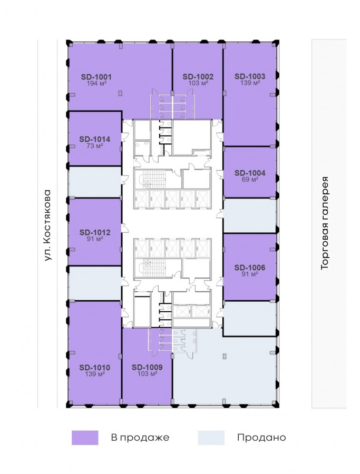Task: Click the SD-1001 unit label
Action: pyautogui.click(x=96, y=77)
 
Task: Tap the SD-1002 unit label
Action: pyautogui.click(x=198, y=77)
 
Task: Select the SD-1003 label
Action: pyautogui.click(x=250, y=76)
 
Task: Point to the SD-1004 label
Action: pyautogui.click(x=250, y=173)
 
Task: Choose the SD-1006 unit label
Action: pyautogui.click(x=250, y=268)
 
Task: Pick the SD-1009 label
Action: pyautogui.click(x=148, y=368)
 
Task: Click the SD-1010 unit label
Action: pyautogui.click(x=95, y=368)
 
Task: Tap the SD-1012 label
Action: pyautogui.click(x=95, y=232)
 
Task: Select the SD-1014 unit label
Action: pyautogui.click(x=95, y=140)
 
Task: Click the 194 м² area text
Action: pyautogui.click(x=96, y=83)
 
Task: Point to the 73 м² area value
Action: pyautogui.click(x=95, y=146)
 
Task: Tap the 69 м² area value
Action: pyautogui.click(x=250, y=180)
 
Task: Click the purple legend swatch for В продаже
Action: pyautogui.click(x=85, y=438)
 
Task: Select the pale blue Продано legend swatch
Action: pyautogui.click(x=211, y=438)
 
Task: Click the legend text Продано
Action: pyautogui.click(x=261, y=438)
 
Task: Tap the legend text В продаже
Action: pyautogui.click(x=140, y=438)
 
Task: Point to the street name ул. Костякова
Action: pyautogui.click(x=48, y=225)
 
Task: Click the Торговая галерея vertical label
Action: pyautogui.click(x=324, y=223)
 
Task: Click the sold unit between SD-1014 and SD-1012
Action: pyautogui.click(x=95, y=182)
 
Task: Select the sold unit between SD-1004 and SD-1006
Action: pyautogui.click(x=250, y=215)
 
